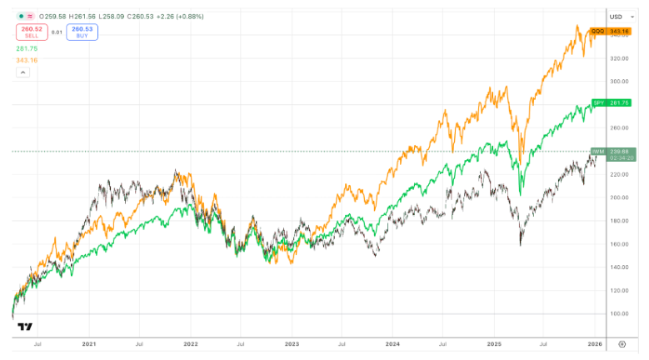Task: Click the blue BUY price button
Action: (82, 32)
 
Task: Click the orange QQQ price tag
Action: (607, 32)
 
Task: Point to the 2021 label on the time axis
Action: (89, 342)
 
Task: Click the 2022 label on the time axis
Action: (191, 342)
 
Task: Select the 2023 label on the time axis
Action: (292, 342)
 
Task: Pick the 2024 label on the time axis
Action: (393, 342)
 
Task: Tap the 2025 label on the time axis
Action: (494, 342)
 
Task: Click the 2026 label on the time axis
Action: (595, 342)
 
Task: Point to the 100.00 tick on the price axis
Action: (617, 313)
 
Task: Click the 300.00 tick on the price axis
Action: (617, 82)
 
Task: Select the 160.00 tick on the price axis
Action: (617, 244)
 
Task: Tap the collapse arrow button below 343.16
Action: (22, 72)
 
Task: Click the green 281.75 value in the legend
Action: (27, 49)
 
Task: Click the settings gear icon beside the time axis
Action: (622, 342)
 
